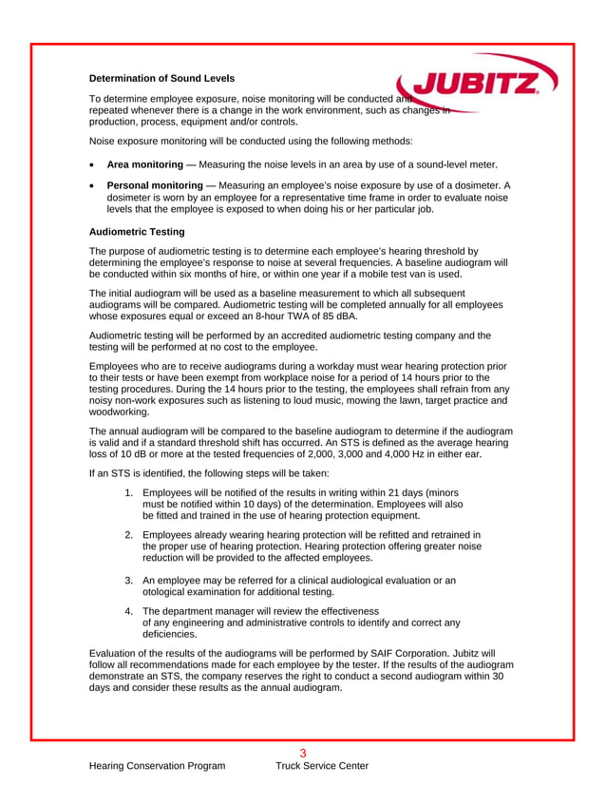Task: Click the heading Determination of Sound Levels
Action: [x=161, y=78]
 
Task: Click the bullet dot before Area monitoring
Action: [x=92, y=165]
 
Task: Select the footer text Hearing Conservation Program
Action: [x=157, y=766]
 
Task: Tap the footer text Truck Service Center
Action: [x=322, y=766]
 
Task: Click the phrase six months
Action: [x=199, y=274]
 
